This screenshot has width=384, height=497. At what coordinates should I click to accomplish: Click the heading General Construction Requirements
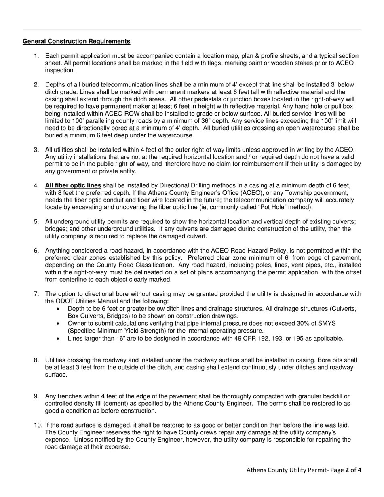click(x=76, y=41)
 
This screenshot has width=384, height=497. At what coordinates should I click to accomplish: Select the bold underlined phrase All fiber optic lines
click(x=73, y=185)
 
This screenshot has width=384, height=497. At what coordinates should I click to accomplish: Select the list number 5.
click(x=36, y=222)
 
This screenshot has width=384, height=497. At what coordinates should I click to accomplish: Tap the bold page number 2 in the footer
click(x=347, y=470)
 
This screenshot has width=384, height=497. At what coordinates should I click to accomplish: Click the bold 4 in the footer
click(x=359, y=470)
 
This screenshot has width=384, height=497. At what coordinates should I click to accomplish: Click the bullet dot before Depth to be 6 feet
click(x=59, y=309)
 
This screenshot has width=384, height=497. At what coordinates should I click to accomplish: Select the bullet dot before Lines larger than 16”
click(x=59, y=339)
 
